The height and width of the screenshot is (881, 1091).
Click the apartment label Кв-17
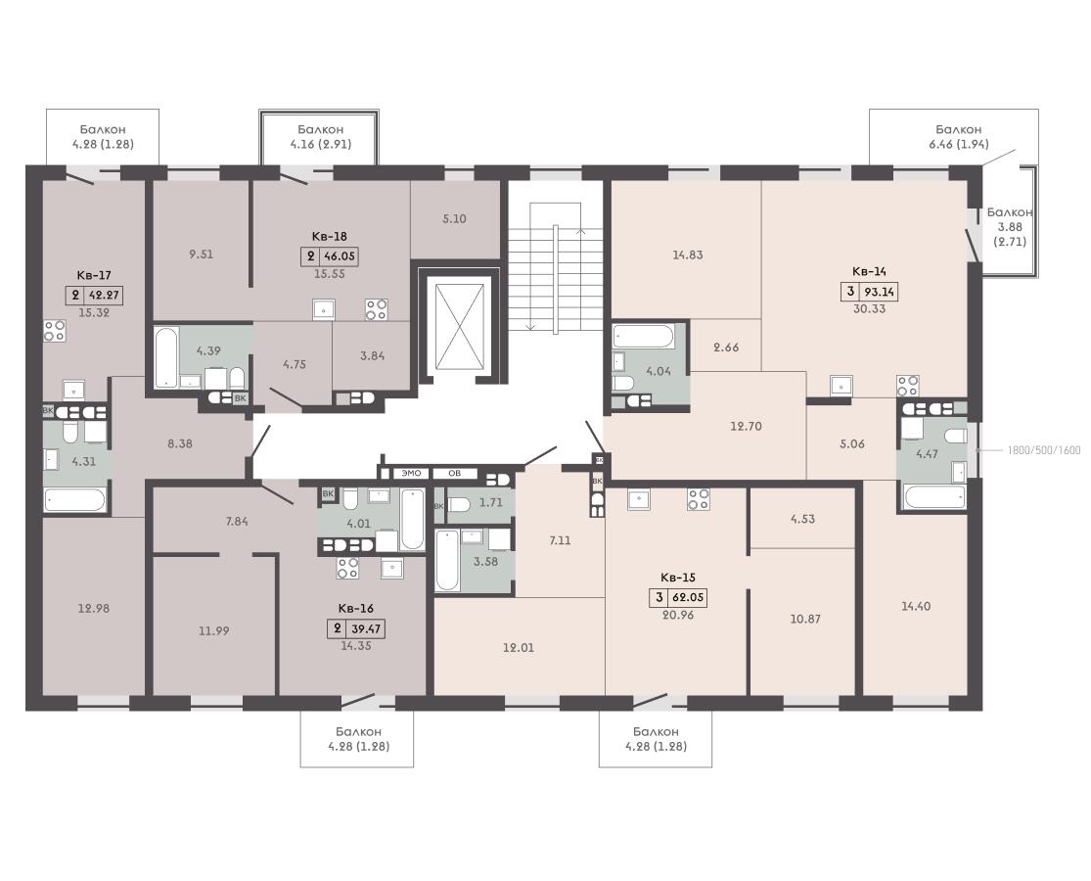(94, 275)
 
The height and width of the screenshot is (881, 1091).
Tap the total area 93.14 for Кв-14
(880, 292)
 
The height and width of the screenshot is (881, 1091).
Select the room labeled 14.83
(688, 255)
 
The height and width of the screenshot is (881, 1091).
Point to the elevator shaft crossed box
(459, 325)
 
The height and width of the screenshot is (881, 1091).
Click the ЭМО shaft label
(412, 473)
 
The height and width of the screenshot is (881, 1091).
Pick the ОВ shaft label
(454, 473)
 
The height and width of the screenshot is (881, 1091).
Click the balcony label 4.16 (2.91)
(321, 144)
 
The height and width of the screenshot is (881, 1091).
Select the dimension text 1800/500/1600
(1044, 450)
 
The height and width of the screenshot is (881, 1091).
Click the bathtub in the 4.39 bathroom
(167, 357)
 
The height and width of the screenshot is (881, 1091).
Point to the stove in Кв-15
(699, 499)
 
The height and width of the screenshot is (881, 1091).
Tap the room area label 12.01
(519, 648)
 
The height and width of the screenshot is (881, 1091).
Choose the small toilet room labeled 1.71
(480, 502)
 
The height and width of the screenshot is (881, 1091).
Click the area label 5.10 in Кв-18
(454, 218)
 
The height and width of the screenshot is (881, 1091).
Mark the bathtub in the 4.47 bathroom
(934, 497)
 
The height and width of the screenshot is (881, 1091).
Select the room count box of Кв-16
(338, 629)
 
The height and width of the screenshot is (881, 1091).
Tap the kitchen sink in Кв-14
(841, 385)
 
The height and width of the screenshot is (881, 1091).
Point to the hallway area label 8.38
(180, 443)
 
